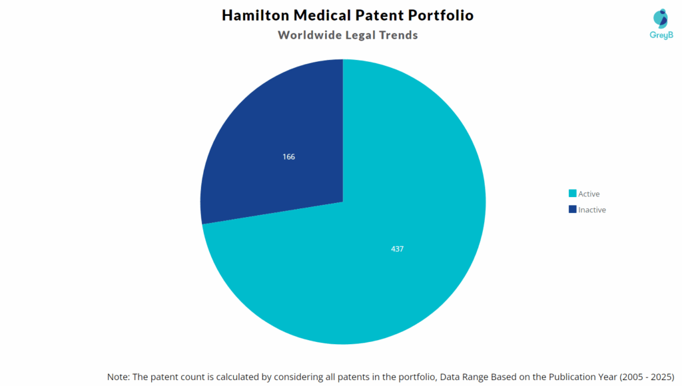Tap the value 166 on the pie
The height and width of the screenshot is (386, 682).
pos(288,157)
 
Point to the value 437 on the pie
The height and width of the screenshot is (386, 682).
pos(398,249)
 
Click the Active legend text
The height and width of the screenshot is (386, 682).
pos(589,194)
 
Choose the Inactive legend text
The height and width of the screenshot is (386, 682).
pos(592,210)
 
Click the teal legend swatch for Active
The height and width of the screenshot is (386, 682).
pos(572,194)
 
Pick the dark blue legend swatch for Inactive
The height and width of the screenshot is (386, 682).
pos(572,210)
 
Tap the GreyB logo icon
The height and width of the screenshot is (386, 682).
pos(661,19)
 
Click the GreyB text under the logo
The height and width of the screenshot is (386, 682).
pos(660,35)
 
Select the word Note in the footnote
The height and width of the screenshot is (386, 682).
pos(119,377)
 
